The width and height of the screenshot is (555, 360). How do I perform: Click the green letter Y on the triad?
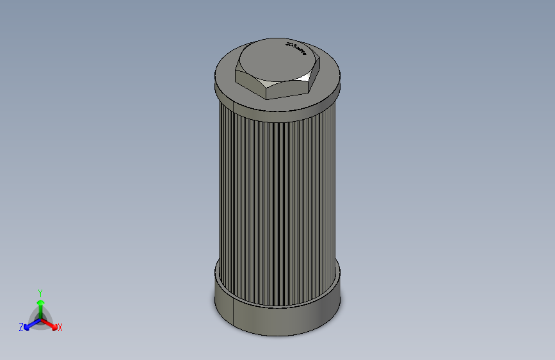pos(40,291)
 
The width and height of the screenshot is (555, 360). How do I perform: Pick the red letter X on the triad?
pos(60,328)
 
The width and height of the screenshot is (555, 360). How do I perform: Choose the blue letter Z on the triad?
pos(21,327)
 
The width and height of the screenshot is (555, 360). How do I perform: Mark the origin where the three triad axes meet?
pos(40,318)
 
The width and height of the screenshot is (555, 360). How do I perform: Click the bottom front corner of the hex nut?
pos(266,97)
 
